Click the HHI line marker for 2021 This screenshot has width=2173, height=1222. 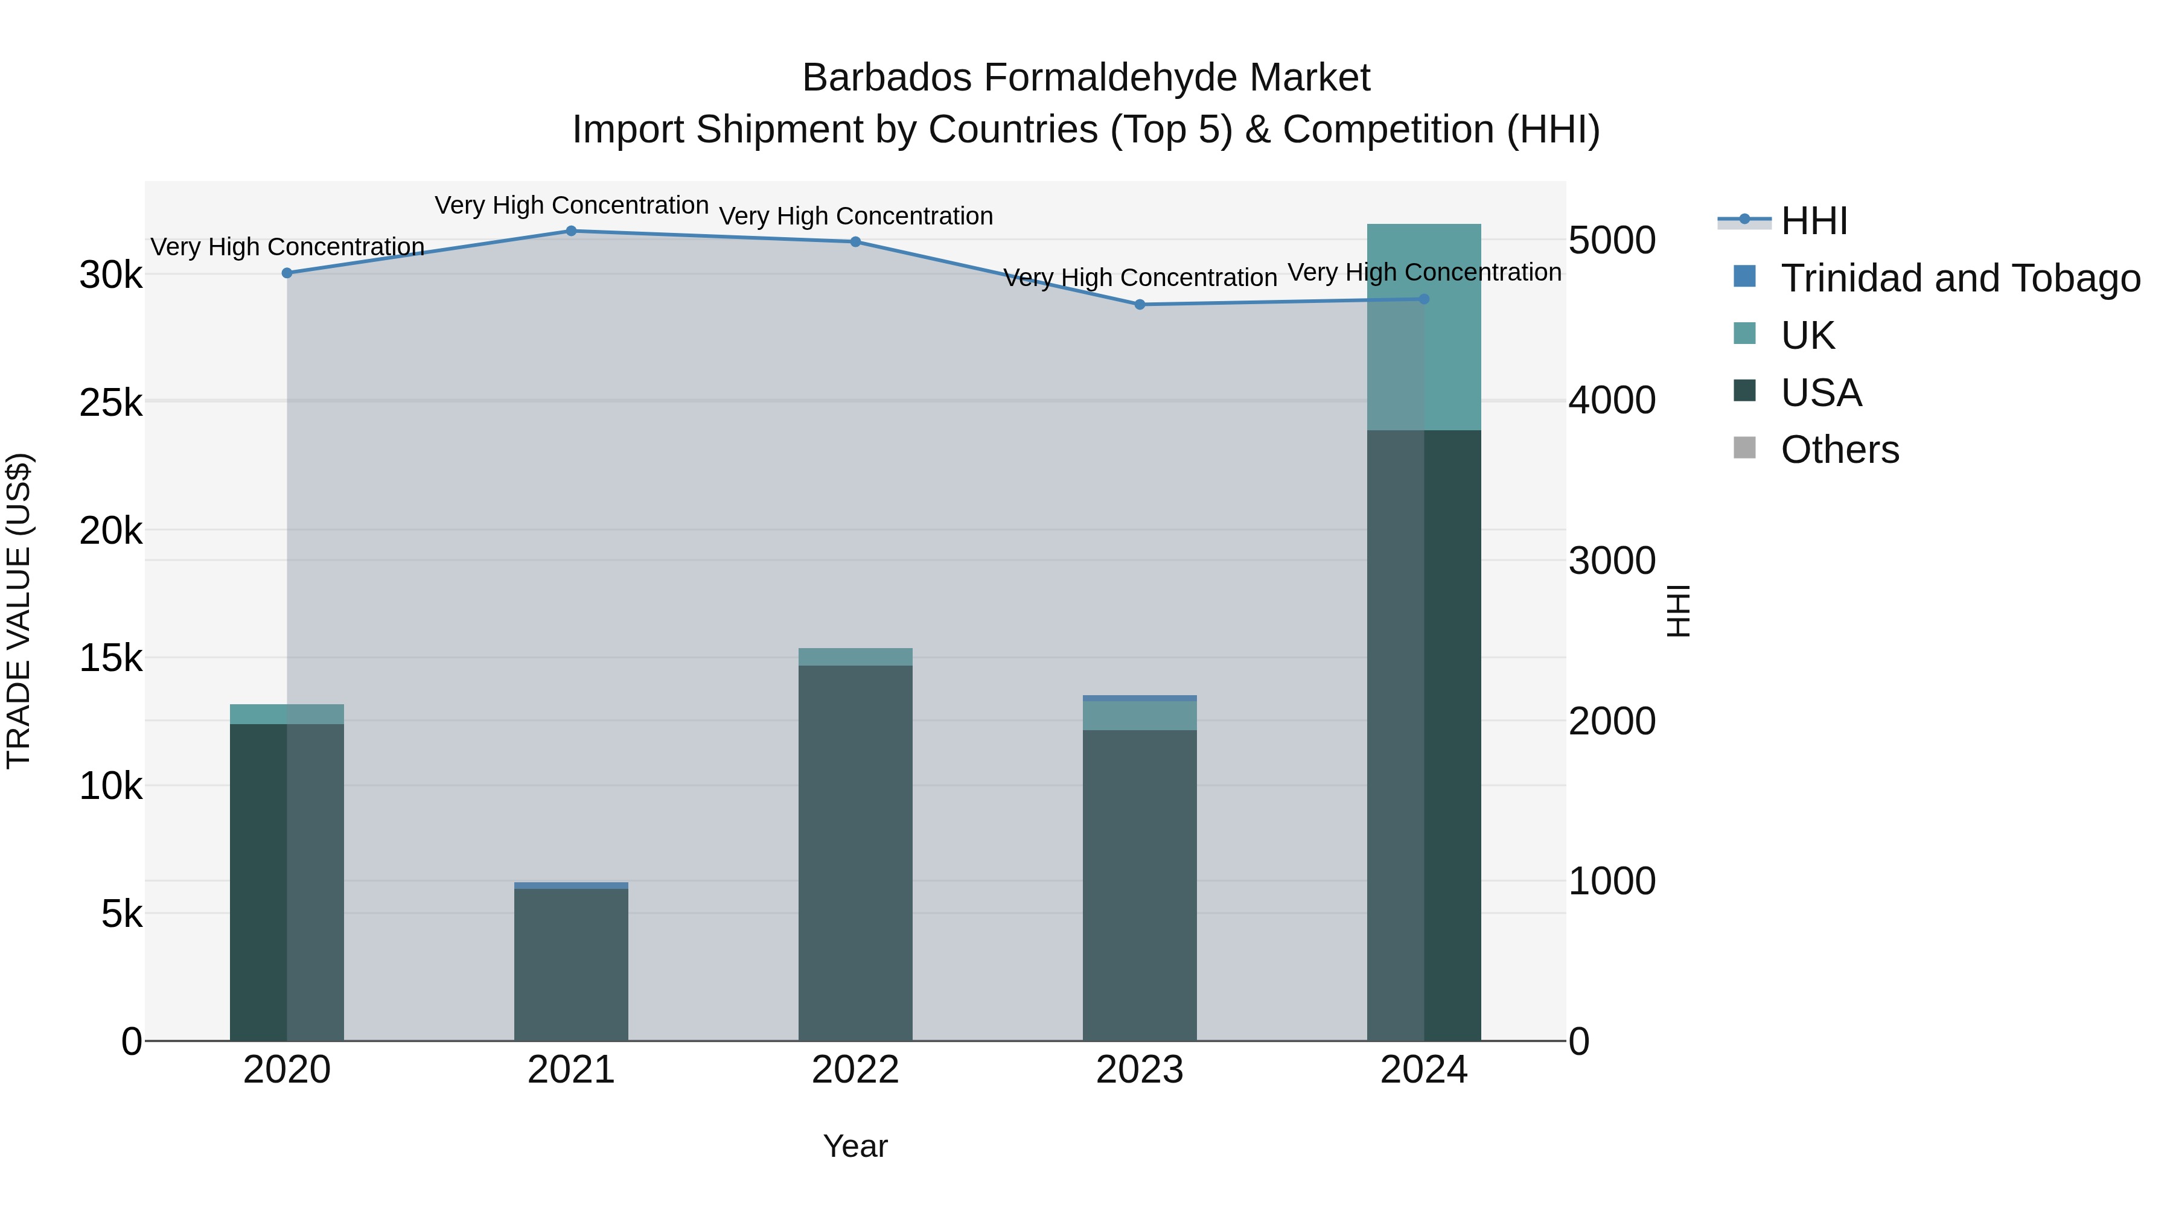[571, 231]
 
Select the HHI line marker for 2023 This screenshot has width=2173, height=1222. [1140, 305]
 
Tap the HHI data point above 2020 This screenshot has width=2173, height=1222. [287, 273]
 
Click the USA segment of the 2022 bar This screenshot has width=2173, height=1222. [855, 851]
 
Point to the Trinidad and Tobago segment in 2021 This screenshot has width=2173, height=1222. [571, 885]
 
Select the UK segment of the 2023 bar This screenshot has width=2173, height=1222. [1140, 715]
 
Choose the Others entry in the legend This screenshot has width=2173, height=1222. [1839, 450]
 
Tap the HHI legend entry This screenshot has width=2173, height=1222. [1814, 221]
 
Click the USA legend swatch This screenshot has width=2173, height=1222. [1744, 391]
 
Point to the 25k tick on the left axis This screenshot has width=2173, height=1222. [110, 403]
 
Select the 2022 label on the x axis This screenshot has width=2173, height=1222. [855, 1070]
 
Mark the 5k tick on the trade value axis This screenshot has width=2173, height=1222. [121, 914]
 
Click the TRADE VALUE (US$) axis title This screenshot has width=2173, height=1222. [19, 611]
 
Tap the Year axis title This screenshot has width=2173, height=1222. [855, 1146]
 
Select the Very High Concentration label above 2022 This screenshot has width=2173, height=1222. [855, 216]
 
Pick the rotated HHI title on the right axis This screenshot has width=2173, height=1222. [1679, 611]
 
